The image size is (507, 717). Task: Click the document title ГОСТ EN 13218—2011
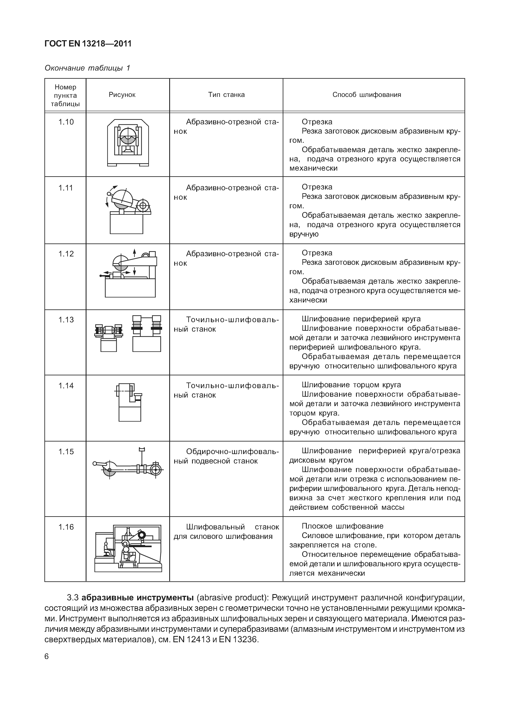[88, 44]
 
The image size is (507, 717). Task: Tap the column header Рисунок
[122, 95]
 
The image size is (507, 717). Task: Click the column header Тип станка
[226, 95]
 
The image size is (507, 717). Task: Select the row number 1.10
[66, 122]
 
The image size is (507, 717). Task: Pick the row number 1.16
[66, 527]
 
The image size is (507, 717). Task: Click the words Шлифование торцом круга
[351, 385]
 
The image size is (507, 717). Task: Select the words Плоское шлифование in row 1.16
[342, 526]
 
